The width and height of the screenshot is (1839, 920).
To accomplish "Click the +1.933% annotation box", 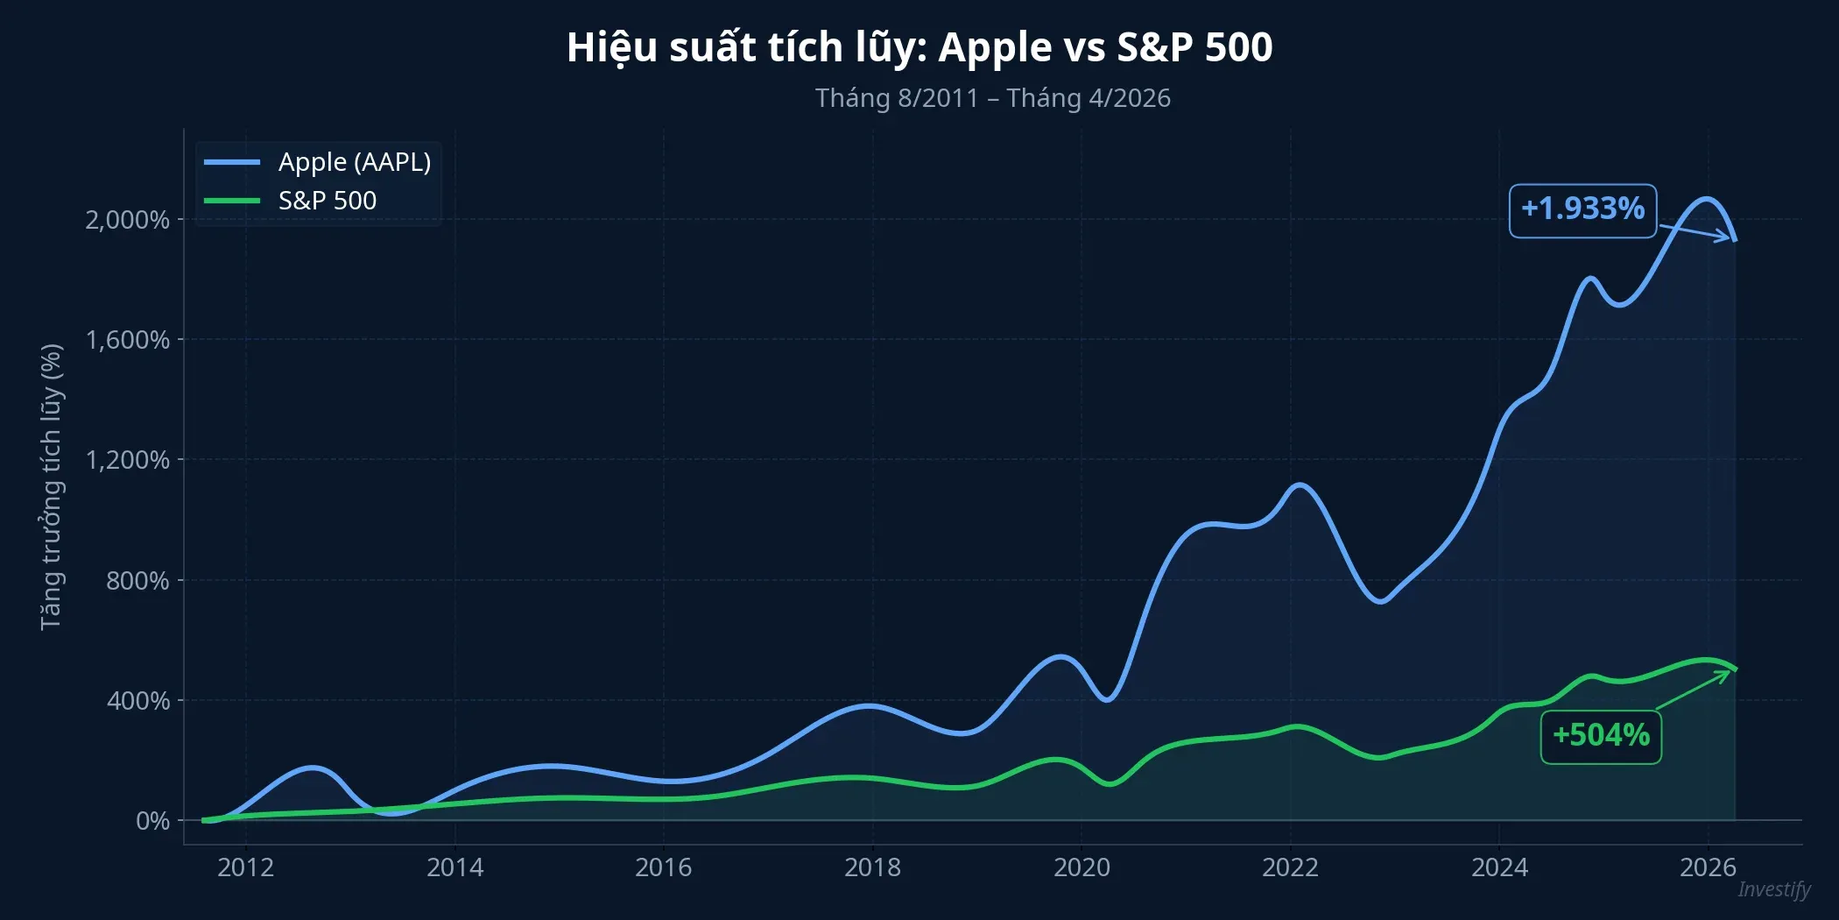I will tap(1582, 210).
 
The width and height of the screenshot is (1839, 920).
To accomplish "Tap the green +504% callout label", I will tap(1601, 736).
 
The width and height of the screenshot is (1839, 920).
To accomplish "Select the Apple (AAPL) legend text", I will tap(355, 162).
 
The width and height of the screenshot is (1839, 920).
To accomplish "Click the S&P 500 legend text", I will tap(327, 201).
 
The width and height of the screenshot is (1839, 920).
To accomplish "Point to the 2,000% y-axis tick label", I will tap(127, 220).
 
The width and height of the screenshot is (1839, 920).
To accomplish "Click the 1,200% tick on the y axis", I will tap(127, 460).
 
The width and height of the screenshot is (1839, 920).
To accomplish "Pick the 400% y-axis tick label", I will tap(138, 701).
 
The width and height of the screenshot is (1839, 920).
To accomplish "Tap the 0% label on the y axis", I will tap(152, 821).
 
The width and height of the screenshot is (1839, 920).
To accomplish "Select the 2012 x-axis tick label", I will tap(245, 867).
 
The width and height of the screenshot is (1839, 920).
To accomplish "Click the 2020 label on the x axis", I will tap(1081, 867).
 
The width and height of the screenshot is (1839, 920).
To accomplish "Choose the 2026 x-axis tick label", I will tap(1708, 867).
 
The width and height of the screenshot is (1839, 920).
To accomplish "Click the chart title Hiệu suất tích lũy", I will tap(919, 47).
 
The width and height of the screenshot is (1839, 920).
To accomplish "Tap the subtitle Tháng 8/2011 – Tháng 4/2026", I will tap(992, 98).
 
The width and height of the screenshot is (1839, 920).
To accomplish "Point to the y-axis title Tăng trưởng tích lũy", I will tap(52, 486).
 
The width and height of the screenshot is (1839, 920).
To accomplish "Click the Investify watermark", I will tap(1773, 889).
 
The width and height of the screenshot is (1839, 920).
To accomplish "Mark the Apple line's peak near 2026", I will tap(1706, 199).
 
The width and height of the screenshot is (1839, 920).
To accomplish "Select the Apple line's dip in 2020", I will tap(1108, 699).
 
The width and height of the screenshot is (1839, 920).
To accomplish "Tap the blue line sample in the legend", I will tap(232, 162).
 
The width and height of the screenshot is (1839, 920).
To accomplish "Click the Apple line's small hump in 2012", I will tap(314, 768).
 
